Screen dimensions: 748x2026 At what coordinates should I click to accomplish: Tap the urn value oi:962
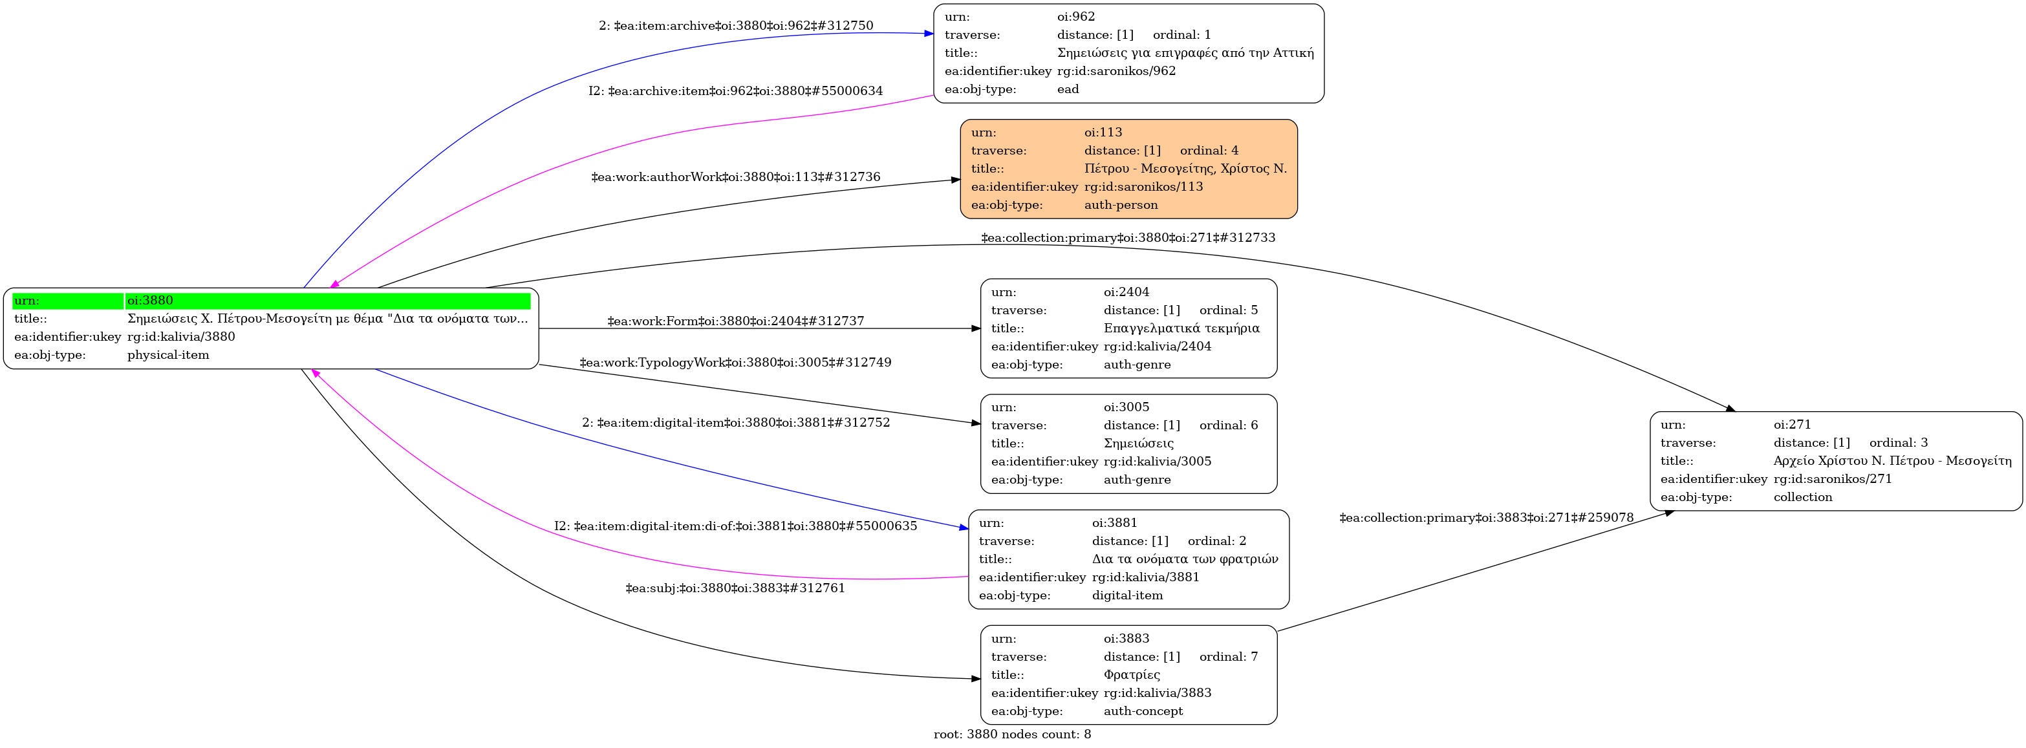tap(1075, 17)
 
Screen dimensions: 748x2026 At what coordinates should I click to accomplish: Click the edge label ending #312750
tap(735, 26)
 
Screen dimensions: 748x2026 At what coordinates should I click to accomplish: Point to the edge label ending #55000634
tap(735, 91)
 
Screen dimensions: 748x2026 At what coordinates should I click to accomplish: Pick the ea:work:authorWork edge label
tap(735, 177)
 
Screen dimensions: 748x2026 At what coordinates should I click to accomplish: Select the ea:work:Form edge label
tap(735, 321)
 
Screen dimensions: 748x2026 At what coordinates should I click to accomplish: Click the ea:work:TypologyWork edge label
tap(735, 363)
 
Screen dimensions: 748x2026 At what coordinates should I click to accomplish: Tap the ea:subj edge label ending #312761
tap(735, 588)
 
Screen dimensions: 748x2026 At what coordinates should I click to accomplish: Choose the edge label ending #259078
tap(1487, 518)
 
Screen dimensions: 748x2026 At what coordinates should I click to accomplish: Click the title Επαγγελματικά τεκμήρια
tap(1181, 328)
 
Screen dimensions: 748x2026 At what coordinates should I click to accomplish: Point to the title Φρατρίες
tap(1132, 675)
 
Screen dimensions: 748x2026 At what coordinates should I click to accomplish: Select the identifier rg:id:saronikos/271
tap(1833, 478)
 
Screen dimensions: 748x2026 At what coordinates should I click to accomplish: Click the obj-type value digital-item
tap(1127, 595)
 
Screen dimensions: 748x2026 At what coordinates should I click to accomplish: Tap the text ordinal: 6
tap(1229, 425)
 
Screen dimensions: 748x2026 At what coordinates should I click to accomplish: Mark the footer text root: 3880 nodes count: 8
tap(1012, 734)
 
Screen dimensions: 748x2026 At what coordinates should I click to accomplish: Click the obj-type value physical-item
tap(168, 355)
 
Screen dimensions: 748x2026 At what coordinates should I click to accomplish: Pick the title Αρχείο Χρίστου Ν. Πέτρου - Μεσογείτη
tap(1892, 460)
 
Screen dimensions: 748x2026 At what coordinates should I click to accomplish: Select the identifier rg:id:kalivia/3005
tap(1157, 461)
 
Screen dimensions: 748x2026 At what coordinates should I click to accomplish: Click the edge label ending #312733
tap(1128, 237)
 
